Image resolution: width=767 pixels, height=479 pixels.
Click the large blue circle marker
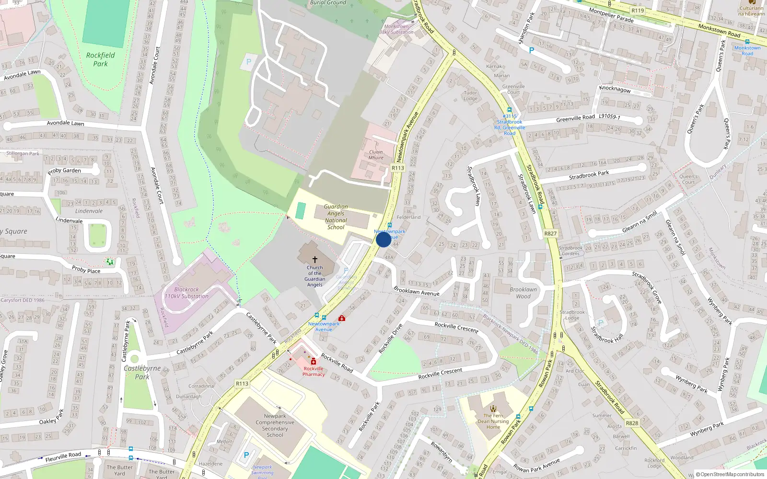383,239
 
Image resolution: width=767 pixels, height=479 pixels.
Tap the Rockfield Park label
101,59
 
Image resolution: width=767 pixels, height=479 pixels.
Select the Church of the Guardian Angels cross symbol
315,259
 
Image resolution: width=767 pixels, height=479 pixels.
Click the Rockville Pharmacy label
314,371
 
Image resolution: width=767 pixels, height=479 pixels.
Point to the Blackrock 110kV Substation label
186,293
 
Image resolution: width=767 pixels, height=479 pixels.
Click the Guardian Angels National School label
336,217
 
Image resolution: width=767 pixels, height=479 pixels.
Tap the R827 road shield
550,234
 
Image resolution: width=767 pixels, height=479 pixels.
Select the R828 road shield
632,423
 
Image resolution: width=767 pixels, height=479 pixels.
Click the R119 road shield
638,11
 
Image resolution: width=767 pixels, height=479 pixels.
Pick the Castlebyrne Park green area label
142,372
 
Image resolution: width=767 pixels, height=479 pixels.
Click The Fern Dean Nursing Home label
493,422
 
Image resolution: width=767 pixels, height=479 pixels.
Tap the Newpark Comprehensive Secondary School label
275,425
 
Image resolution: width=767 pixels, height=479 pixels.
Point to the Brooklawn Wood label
523,293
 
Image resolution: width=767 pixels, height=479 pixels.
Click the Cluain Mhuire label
376,155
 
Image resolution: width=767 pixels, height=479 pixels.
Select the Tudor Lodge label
470,96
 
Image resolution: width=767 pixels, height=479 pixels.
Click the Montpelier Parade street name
611,15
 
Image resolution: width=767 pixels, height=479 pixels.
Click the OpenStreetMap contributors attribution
730,475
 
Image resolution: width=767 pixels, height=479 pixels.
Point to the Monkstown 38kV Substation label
396,29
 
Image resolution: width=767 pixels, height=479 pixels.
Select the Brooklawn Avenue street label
416,291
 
